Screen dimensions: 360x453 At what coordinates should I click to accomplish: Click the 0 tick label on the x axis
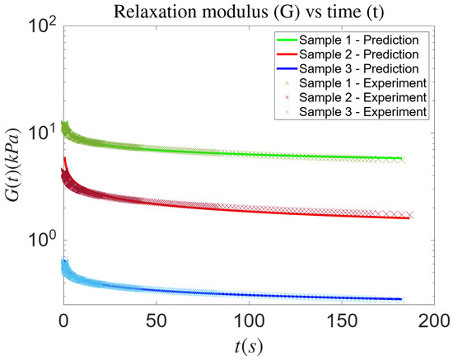[x=63, y=320]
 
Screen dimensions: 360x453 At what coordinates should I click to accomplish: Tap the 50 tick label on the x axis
[x=154, y=320]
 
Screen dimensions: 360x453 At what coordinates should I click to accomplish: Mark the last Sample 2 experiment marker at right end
[x=409, y=215]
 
